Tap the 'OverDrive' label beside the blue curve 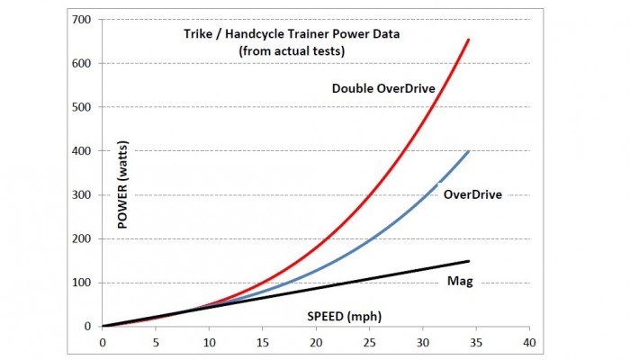[472, 193]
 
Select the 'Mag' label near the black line [460, 282]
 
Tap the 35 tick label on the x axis [476, 343]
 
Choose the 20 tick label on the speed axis [316, 343]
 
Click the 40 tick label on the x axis [529, 343]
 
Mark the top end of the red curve [469, 40]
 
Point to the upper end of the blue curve [469, 151]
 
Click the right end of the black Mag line [469, 261]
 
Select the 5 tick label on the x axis [156, 343]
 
